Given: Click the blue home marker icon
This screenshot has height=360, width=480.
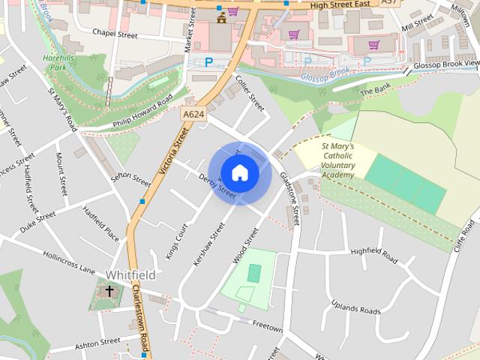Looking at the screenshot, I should coord(239,172).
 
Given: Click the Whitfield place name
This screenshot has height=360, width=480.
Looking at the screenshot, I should coord(130,275).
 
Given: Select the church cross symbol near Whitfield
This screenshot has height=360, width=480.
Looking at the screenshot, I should coord(109,290).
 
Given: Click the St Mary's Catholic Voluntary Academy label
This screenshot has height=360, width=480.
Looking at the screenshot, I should coord(327,160).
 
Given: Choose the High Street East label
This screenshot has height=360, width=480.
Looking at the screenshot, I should coord(341,4).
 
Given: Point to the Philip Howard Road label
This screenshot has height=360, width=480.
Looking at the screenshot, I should coord(142,111).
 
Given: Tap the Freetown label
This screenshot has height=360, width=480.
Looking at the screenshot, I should coord(267,328).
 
